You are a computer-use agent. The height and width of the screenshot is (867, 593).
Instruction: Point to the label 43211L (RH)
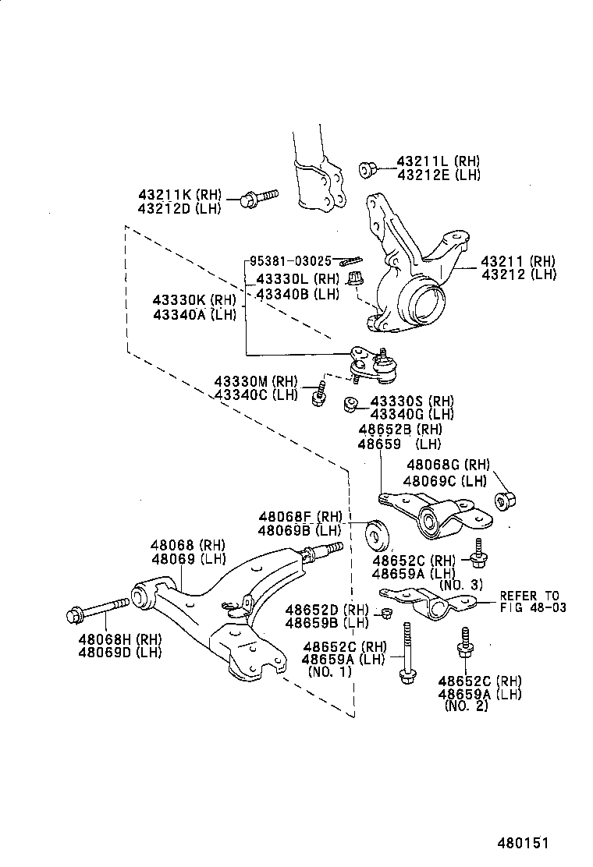[x=438, y=161]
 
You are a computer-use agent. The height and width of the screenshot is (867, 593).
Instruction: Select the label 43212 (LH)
[x=519, y=274]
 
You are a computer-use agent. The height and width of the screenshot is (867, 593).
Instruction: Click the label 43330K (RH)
[x=194, y=300]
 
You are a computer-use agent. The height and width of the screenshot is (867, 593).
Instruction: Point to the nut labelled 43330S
[x=351, y=404]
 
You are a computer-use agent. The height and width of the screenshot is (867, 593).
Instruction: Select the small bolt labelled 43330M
[x=318, y=394]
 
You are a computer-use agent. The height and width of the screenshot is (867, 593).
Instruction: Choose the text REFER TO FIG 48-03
[x=531, y=601]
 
